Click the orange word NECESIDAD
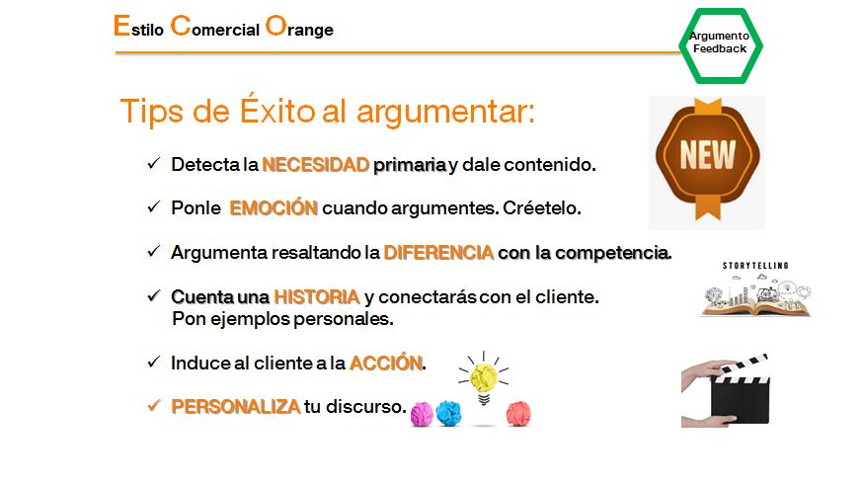click(x=316, y=164)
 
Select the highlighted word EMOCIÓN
click(x=274, y=207)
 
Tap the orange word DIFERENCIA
click(x=438, y=253)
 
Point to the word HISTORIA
click(x=317, y=296)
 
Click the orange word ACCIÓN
click(x=386, y=363)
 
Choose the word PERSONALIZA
click(x=236, y=406)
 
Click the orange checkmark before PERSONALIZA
click(x=154, y=406)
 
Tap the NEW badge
click(x=708, y=159)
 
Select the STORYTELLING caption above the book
click(x=755, y=266)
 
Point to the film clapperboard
click(x=726, y=390)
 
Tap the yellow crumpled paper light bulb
click(x=484, y=377)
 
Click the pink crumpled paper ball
click(x=422, y=415)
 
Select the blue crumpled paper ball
click(x=448, y=414)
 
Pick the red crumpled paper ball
click(x=518, y=414)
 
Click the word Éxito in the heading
click(x=277, y=110)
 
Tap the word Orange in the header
click(x=299, y=27)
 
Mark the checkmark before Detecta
click(x=154, y=163)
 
